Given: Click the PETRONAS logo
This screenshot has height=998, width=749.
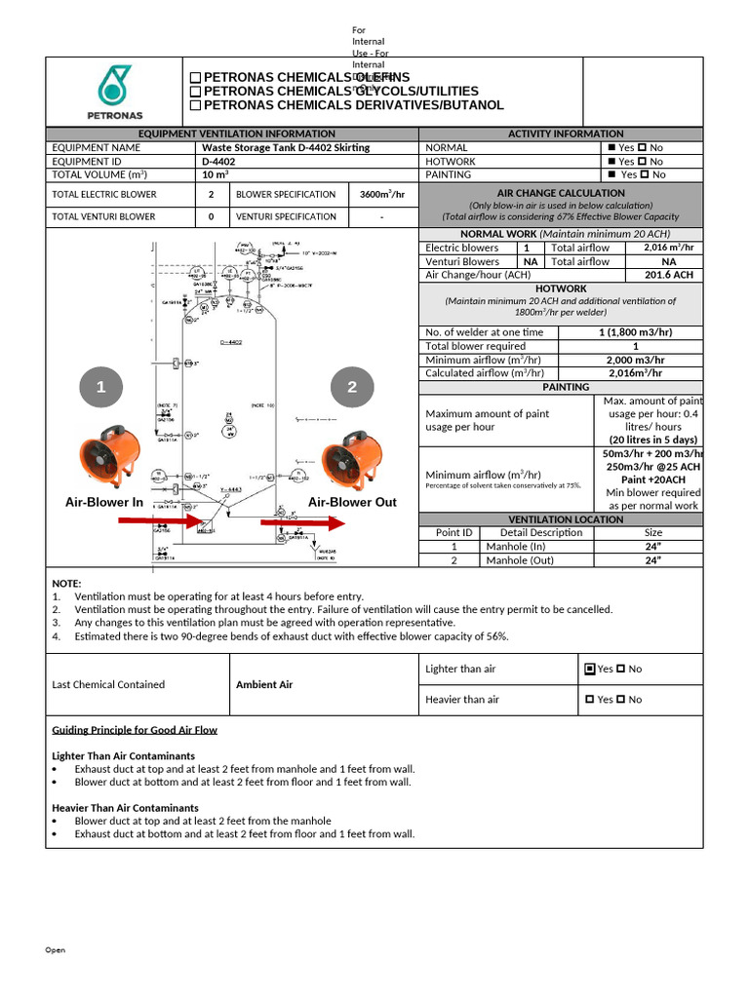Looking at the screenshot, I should tap(115, 92).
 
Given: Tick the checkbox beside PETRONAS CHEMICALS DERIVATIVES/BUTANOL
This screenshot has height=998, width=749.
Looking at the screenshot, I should tap(195, 105).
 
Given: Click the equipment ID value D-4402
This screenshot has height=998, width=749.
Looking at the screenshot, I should tap(218, 162).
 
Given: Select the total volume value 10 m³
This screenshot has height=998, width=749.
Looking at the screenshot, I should tap(215, 174).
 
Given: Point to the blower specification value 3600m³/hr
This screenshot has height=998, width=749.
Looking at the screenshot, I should tap(382, 194).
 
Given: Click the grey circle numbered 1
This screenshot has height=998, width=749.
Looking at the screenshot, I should tap(99, 388).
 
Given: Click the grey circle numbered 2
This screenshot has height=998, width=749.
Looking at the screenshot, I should tap(352, 388).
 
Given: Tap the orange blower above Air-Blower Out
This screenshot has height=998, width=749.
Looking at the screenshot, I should tap(351, 461).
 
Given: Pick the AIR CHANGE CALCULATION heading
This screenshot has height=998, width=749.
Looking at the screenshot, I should tap(561, 193).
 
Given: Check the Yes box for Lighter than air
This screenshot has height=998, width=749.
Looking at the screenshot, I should tap(589, 670).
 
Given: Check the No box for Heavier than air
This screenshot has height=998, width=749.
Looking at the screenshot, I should tap(621, 700).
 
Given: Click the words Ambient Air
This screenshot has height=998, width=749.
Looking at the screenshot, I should tap(264, 684).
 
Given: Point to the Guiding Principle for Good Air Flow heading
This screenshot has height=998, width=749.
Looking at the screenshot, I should tap(135, 730).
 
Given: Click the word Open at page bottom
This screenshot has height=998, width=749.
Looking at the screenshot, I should tap(56, 950).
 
